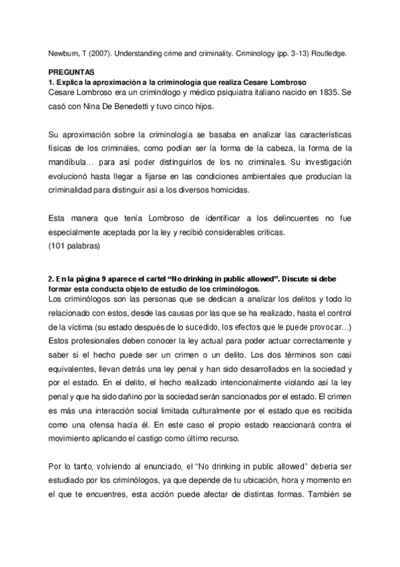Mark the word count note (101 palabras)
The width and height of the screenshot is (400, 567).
pyautogui.click(x=75, y=246)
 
